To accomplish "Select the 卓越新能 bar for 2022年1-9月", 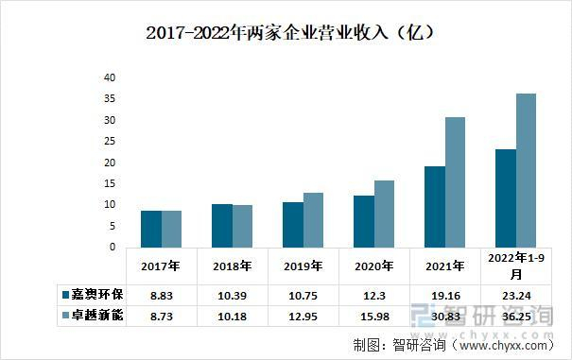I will click(526, 170).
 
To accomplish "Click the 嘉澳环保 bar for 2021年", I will click(435, 206).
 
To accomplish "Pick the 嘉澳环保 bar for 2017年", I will click(150, 229).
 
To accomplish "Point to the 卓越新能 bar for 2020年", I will click(384, 214).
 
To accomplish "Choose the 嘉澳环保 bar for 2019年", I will click(292, 225).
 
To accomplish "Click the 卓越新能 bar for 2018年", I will click(243, 226).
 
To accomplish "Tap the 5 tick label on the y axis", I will click(112, 226).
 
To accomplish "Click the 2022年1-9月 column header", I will click(514, 265).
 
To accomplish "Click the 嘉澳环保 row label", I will click(92, 294).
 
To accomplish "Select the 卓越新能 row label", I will click(92, 315).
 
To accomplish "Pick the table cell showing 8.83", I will click(161, 294).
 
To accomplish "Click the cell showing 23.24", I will click(514, 294).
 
